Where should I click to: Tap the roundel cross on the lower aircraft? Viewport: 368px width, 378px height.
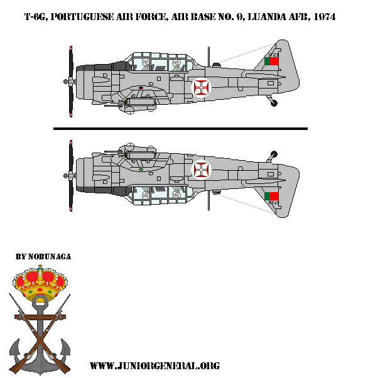202,168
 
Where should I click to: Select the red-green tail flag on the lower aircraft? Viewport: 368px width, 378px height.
273,195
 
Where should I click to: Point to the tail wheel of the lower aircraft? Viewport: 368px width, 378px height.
273,153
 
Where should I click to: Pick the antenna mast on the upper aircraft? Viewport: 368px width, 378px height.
216,63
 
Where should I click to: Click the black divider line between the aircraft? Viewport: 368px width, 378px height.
180,129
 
